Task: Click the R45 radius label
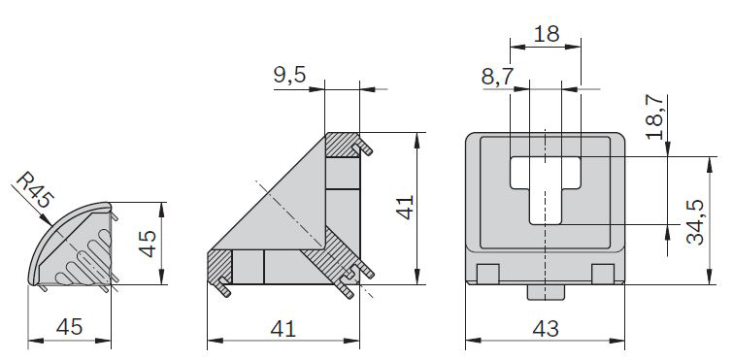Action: tap(36, 190)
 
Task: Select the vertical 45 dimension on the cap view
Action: tap(149, 243)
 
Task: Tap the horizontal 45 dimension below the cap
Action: tap(69, 327)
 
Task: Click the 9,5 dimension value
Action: tap(289, 75)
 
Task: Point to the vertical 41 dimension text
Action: tap(405, 207)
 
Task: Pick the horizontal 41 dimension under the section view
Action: tap(283, 329)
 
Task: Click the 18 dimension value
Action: tap(546, 34)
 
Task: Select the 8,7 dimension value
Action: tap(498, 76)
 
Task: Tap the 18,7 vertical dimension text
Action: tap(655, 116)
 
